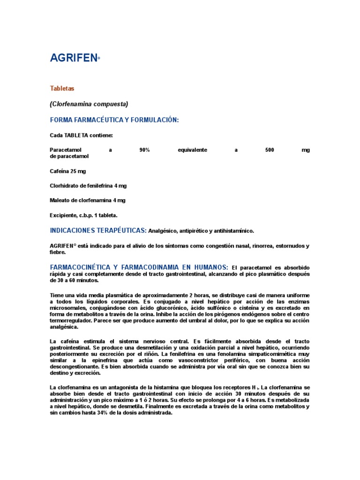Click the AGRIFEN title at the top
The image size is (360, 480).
74,58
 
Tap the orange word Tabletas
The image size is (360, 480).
62,88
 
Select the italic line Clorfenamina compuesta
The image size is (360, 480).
89,104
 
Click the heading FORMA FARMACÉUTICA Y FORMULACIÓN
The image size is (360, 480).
114,120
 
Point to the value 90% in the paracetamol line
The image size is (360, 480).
144,150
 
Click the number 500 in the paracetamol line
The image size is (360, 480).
269,150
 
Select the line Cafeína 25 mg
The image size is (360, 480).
68,171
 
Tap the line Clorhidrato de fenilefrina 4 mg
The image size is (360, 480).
88,186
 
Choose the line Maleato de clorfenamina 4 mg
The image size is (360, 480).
88,200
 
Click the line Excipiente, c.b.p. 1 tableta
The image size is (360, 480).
83,215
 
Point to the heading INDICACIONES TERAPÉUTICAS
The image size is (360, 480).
98,230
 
